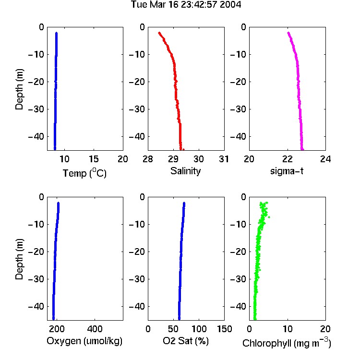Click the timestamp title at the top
pyautogui.click(x=186, y=5)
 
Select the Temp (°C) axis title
pyautogui.click(x=84, y=173)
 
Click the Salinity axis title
pyautogui.click(x=185, y=171)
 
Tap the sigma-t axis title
pyautogui.click(x=287, y=171)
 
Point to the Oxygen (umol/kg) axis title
pyautogui.click(x=84, y=341)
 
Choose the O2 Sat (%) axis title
pyautogui.click(x=186, y=341)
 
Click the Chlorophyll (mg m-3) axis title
pyautogui.click(x=287, y=343)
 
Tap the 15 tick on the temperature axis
pyautogui.click(x=94, y=159)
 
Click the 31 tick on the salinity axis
pyautogui.click(x=224, y=159)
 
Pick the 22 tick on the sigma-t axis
pyautogui.click(x=288, y=159)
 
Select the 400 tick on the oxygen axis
pyautogui.click(x=95, y=329)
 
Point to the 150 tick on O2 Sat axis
pyautogui.click(x=225, y=329)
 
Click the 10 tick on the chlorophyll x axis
pyautogui.click(x=288, y=329)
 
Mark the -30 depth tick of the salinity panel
pyautogui.click(x=137, y=109)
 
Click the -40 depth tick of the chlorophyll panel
pyautogui.click(x=238, y=306)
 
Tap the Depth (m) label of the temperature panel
pyautogui.click(x=19, y=89)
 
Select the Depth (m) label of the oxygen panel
pyautogui.click(x=19, y=259)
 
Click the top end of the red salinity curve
pyautogui.click(x=159, y=33)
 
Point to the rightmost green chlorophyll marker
pyautogui.click(x=269, y=217)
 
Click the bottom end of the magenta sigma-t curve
pyautogui.click(x=302, y=149)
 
